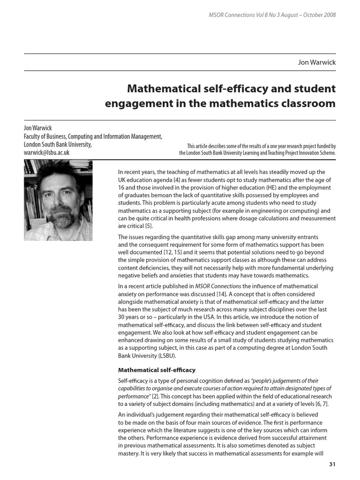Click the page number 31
[x=332, y=464]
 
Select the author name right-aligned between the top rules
[x=317, y=62]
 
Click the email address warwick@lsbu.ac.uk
[x=46, y=152]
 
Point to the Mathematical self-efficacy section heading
[x=157, y=370]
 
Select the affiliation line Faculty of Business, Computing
[x=93, y=136]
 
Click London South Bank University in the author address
[x=57, y=144]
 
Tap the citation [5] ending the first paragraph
[x=142, y=226]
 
